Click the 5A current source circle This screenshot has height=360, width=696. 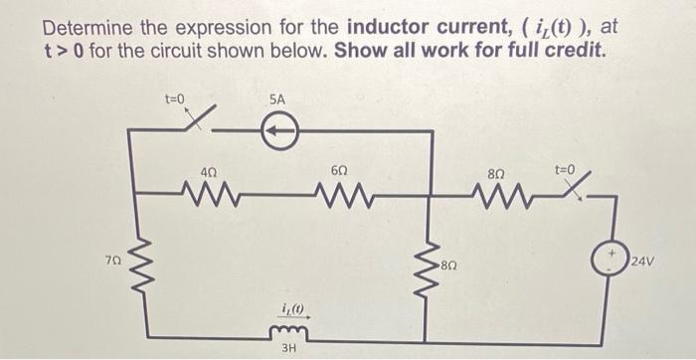click(279, 129)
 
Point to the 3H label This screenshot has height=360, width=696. click(288, 348)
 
